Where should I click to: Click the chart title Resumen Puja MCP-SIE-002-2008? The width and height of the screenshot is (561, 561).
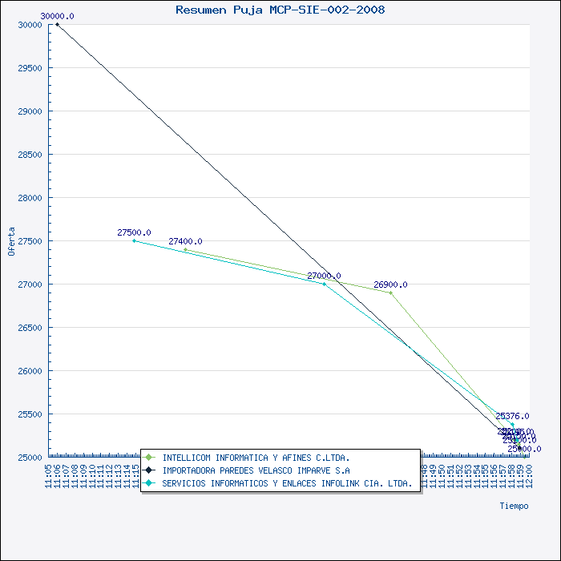click(280, 10)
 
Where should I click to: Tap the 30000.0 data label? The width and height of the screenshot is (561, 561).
click(57, 16)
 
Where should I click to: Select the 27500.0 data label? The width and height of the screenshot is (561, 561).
click(134, 232)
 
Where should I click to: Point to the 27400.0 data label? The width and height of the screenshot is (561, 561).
click(185, 241)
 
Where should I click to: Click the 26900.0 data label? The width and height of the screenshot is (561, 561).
click(390, 285)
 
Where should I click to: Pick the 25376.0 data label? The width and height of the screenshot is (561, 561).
click(512, 416)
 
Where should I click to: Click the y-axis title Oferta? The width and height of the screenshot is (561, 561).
click(11, 241)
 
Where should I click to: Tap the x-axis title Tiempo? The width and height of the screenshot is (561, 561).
click(514, 506)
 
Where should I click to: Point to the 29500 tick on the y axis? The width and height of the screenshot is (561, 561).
click(30, 68)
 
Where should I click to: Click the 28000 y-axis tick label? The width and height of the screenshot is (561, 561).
click(30, 198)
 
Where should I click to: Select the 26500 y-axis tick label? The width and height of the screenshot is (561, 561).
click(30, 328)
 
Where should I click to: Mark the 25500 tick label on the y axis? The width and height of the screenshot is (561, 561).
click(30, 414)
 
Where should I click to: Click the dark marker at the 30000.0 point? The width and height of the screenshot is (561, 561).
click(57, 25)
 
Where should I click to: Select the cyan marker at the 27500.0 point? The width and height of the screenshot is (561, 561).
click(134, 240)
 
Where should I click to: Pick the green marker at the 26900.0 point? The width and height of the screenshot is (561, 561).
click(390, 293)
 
